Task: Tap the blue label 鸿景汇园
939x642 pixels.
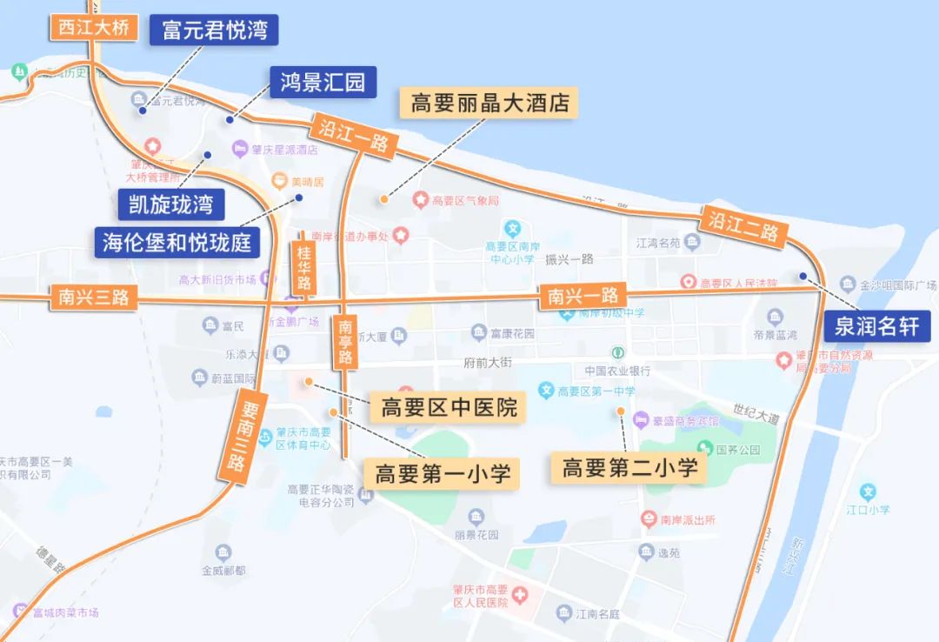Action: tap(323, 83)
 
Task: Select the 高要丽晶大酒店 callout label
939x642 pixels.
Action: tap(489, 104)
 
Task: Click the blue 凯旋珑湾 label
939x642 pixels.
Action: tap(171, 205)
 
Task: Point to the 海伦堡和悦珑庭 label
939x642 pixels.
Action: tap(177, 242)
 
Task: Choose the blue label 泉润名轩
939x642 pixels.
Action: tap(876, 327)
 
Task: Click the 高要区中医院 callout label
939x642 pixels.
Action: tap(449, 407)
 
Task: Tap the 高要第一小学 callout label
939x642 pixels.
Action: tap(442, 474)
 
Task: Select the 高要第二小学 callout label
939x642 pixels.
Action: tap(629, 468)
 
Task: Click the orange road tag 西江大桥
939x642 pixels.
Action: tap(94, 28)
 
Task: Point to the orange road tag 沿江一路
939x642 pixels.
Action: tap(354, 137)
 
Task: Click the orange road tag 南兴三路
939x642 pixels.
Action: tap(90, 298)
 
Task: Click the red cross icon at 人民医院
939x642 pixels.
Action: tap(520, 596)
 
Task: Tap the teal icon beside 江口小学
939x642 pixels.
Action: tap(868, 492)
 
